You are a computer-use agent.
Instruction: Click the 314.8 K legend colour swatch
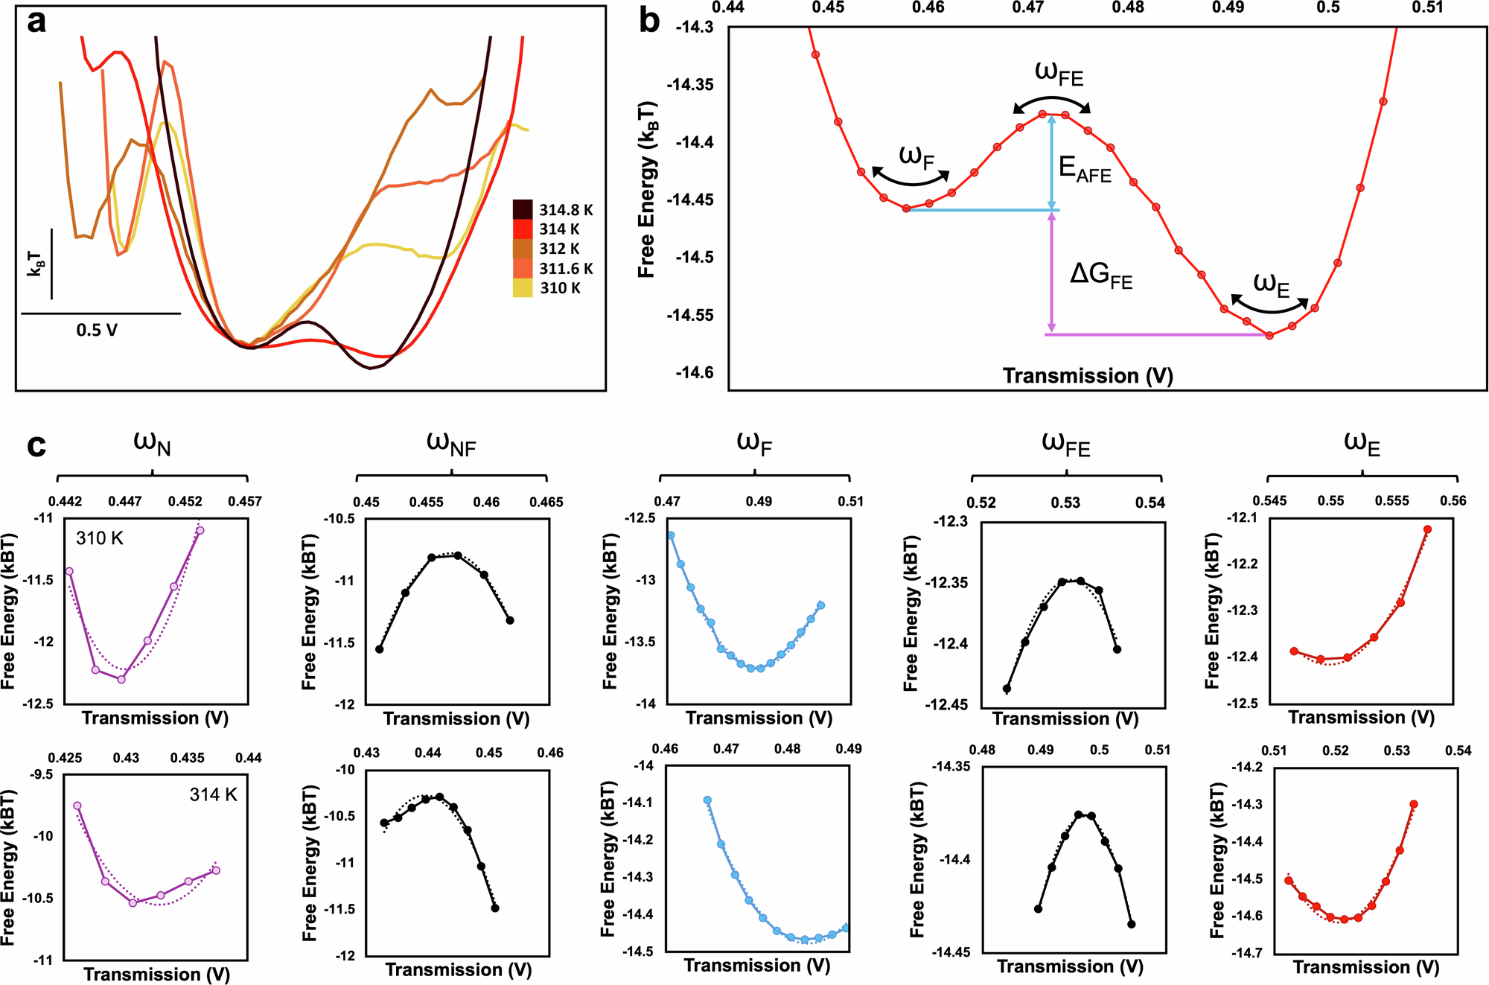pos(523,209)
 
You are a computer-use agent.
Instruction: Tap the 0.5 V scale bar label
pos(97,330)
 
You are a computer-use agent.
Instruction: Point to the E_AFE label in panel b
pos(1085,170)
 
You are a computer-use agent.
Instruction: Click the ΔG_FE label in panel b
pos(1101,276)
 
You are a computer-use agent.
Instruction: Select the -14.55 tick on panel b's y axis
pos(691,316)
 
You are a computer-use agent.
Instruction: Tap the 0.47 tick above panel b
pos(1028,7)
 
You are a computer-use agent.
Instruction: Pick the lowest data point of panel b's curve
pos(1270,336)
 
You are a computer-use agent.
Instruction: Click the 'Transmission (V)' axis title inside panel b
pos(1088,375)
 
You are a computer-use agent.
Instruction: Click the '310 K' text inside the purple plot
pos(100,538)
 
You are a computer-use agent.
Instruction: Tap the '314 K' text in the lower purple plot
pos(213,795)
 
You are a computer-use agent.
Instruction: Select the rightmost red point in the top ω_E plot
pos(1428,529)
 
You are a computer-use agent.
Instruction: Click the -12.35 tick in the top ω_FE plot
pos(950,583)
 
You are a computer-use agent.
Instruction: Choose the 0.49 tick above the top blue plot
pos(759,502)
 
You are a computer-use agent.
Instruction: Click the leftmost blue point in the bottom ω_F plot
pos(707,800)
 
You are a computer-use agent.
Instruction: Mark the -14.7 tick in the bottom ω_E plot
pos(1247,953)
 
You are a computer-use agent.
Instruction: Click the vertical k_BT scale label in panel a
pos(36,264)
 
